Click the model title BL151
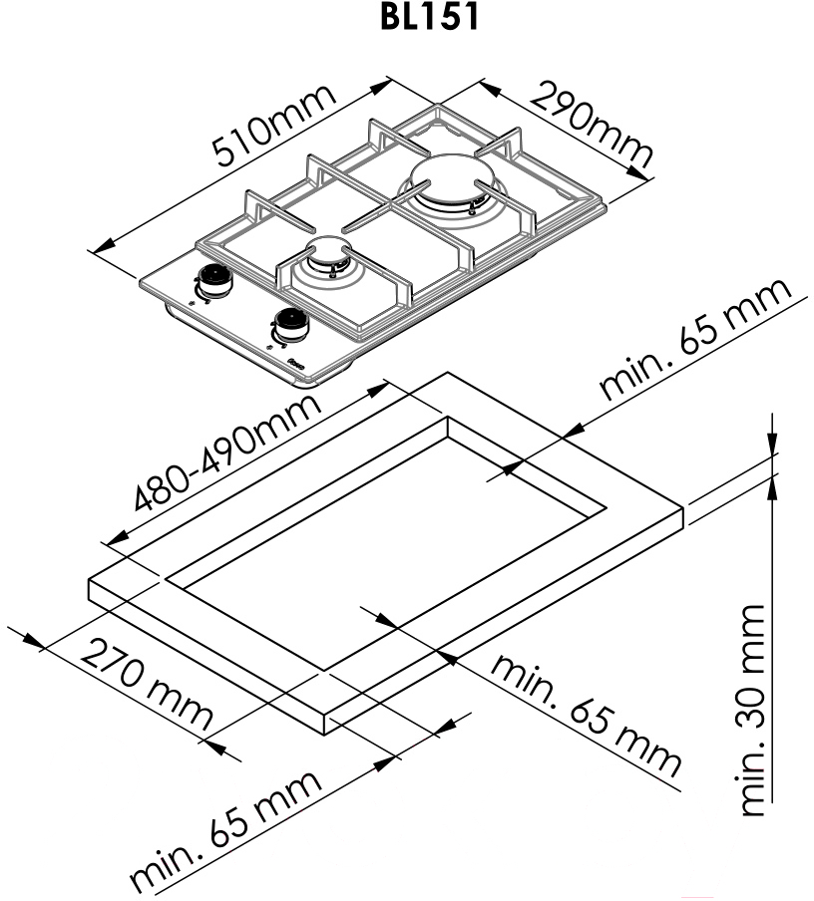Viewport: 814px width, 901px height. coord(429,16)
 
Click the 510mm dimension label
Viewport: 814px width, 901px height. coord(273,126)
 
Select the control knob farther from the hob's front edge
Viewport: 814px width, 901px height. coord(213,279)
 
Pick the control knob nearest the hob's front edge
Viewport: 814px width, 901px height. coord(291,326)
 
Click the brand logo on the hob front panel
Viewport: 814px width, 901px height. coord(296,363)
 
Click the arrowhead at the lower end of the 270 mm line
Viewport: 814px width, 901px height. coord(215,747)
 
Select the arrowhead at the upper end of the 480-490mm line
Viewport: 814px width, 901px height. coord(377,390)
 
